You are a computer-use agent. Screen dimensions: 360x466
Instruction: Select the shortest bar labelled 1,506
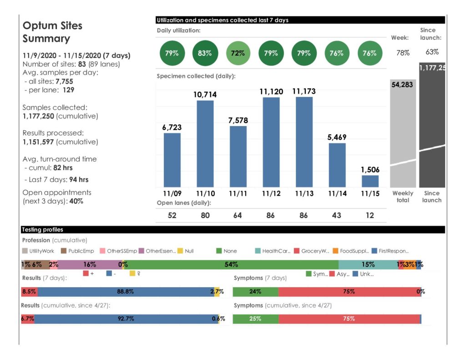(x=370, y=181)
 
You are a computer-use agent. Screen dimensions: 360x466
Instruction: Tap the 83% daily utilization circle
(x=205, y=53)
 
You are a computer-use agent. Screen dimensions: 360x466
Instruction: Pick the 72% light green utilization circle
(x=238, y=53)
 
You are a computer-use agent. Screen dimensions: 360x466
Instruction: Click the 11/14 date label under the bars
(x=337, y=194)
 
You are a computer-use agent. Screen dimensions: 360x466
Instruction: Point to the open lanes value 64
(x=238, y=215)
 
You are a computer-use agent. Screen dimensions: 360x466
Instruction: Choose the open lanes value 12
(x=370, y=215)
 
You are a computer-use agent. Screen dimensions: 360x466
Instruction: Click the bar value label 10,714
(x=205, y=95)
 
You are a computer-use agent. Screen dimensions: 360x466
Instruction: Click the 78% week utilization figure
(x=403, y=53)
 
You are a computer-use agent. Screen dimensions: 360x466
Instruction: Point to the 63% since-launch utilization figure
(x=432, y=52)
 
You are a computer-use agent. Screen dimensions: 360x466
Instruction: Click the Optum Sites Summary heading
(x=53, y=32)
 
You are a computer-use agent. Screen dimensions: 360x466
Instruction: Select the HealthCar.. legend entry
(x=273, y=251)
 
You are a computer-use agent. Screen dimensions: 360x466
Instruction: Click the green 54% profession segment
(x=231, y=264)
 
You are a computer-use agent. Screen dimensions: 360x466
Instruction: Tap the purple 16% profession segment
(x=90, y=264)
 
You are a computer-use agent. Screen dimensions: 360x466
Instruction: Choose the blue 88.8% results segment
(x=125, y=292)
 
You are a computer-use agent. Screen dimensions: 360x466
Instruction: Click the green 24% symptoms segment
(x=255, y=292)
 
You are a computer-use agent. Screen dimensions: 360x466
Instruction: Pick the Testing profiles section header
(x=43, y=230)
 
